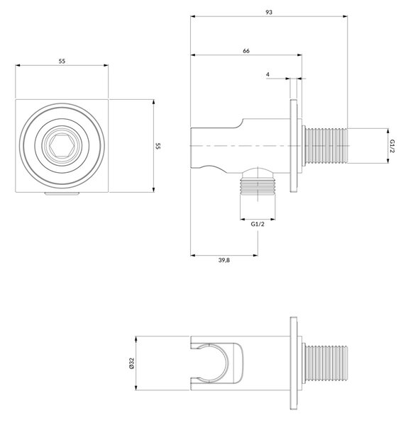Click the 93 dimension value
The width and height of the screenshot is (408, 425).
[x=269, y=12]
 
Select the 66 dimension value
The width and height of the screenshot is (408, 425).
[x=246, y=51]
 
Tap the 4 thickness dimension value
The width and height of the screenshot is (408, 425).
[x=268, y=74]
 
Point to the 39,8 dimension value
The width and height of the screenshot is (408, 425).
[x=224, y=260]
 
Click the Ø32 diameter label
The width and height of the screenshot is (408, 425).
[x=132, y=363]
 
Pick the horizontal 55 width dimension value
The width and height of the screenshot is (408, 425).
[x=62, y=61]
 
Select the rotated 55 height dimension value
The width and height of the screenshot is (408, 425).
[x=158, y=146]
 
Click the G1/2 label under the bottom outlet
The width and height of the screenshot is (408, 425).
[x=258, y=224]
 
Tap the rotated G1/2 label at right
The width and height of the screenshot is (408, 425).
[x=392, y=146]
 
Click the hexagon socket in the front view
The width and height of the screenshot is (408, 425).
[x=62, y=146]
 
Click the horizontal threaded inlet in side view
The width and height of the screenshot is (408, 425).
[x=326, y=146]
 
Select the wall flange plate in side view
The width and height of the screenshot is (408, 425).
[x=294, y=146]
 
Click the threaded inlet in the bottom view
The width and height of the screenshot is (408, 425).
[x=326, y=363]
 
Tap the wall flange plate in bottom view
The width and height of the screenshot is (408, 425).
[x=294, y=363]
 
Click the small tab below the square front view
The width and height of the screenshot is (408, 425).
[x=62, y=193]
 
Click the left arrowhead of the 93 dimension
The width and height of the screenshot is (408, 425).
[x=193, y=16]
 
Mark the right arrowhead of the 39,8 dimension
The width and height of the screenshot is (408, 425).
[x=255, y=255]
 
